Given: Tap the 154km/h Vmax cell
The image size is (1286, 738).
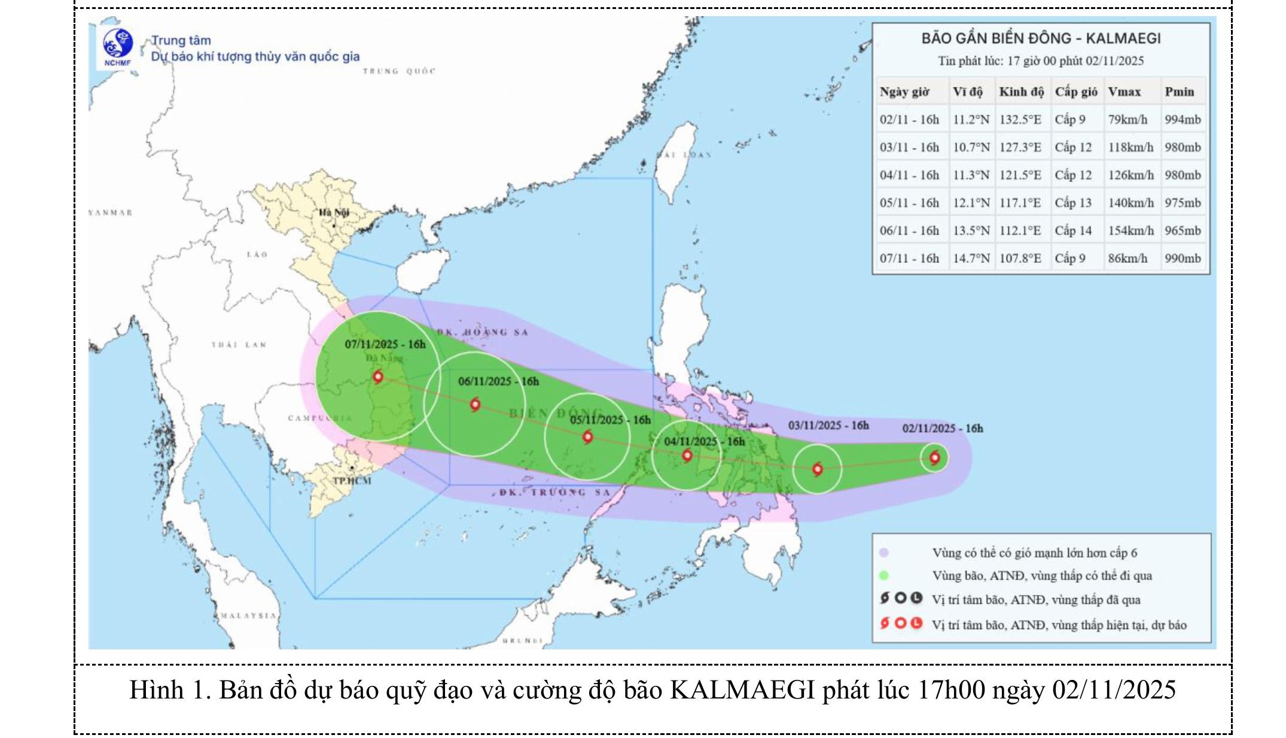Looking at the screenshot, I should click(1130, 230).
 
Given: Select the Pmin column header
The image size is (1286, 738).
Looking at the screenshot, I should click(1179, 92).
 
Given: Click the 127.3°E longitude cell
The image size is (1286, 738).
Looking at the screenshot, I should click(1020, 147).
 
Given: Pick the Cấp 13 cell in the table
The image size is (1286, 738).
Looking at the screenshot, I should click(1073, 203).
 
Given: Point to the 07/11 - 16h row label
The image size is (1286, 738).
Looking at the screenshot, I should click(909, 259).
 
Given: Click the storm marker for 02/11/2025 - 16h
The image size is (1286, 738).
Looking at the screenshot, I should click(934, 458).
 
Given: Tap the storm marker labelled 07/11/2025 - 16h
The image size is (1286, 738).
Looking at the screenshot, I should click(377, 376).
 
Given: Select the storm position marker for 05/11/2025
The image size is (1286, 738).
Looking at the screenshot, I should click(587, 437).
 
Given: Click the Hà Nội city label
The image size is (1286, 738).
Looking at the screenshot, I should click(334, 212).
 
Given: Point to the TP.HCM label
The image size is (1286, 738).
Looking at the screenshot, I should click(352, 481).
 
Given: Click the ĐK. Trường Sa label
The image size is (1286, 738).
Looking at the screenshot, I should click(554, 492).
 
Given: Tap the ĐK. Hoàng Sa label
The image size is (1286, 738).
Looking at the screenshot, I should click(482, 332).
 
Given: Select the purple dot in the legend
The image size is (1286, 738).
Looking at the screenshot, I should click(884, 552).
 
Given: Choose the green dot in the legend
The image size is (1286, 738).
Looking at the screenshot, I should click(884, 576).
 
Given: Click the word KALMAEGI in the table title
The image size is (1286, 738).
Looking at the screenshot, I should click(1123, 39).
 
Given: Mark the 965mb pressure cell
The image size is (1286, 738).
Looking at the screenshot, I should click(1182, 230).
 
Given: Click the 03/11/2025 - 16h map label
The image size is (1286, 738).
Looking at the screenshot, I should click(828, 426).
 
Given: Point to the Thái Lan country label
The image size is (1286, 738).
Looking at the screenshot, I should click(238, 345).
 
